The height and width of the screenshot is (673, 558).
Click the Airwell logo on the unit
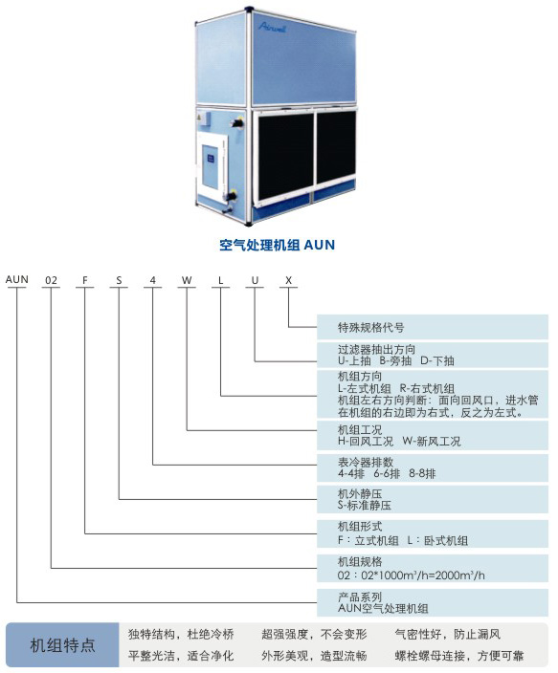tap(272, 27)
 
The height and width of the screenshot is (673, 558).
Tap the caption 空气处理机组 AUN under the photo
tap(277, 245)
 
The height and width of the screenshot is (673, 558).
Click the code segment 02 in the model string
tap(51, 280)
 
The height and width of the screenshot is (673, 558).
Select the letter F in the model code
tap(85, 280)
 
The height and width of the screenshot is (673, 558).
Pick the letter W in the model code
tap(187, 280)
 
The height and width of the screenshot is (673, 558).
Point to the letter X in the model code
tap(288, 280)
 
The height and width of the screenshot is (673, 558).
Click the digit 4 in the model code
tap(152, 280)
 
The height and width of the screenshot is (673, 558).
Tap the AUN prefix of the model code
tap(17, 279)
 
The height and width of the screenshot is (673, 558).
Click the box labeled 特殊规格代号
tap(433, 327)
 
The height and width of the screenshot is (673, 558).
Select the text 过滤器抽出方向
tap(376, 349)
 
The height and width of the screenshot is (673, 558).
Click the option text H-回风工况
tap(366, 442)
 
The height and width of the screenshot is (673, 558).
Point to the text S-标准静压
tap(365, 505)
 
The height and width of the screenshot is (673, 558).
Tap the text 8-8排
tap(422, 474)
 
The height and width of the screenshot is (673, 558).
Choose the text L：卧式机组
tap(437, 540)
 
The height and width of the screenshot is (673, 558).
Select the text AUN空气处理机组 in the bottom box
tap(383, 608)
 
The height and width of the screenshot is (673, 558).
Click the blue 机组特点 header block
tap(63, 645)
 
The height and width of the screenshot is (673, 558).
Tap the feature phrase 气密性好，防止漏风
tap(448, 635)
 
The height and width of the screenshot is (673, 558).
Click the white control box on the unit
tap(212, 166)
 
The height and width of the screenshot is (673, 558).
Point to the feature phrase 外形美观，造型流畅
tap(314, 656)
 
